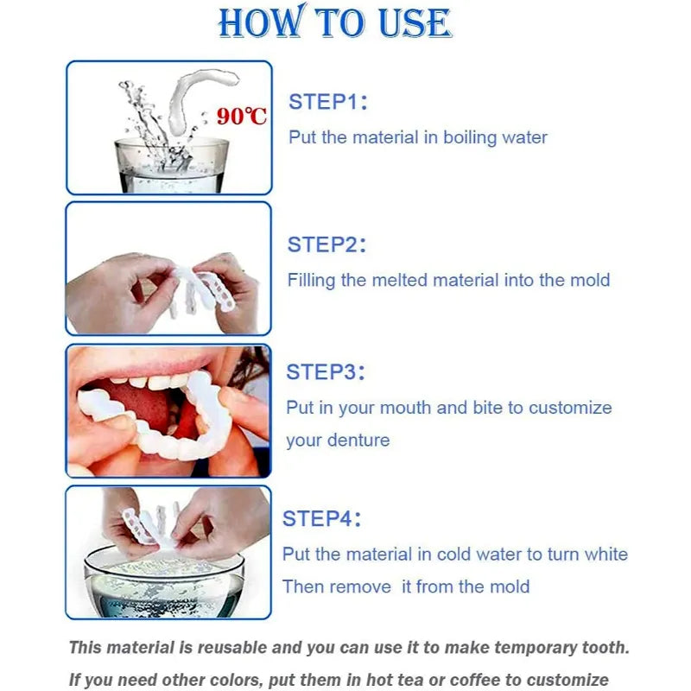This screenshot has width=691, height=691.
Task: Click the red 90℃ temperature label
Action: tap(242, 116)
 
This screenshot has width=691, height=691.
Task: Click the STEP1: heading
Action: tap(328, 102)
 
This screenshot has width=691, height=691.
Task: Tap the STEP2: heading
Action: tap(326, 244)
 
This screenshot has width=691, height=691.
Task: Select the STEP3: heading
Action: tap(326, 372)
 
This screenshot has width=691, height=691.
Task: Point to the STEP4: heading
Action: tap(321, 519)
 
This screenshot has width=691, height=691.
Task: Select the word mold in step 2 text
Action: tap(591, 280)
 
